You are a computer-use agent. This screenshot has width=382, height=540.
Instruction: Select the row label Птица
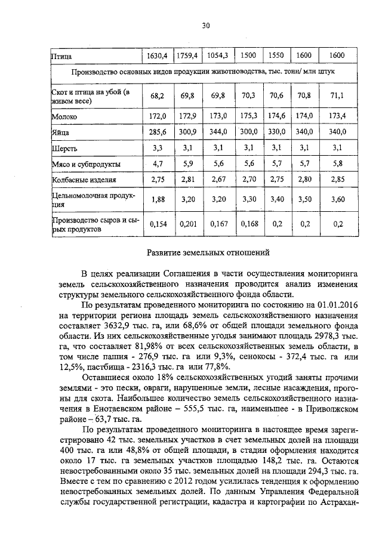(x=60, y=56)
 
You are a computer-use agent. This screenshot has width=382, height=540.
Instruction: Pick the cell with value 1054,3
(x=219, y=55)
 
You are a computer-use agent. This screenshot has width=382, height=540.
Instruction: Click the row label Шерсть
(x=63, y=147)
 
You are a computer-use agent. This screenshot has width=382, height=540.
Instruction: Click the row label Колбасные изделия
(x=83, y=179)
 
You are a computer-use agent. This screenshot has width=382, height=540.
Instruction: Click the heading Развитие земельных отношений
(x=203, y=252)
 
